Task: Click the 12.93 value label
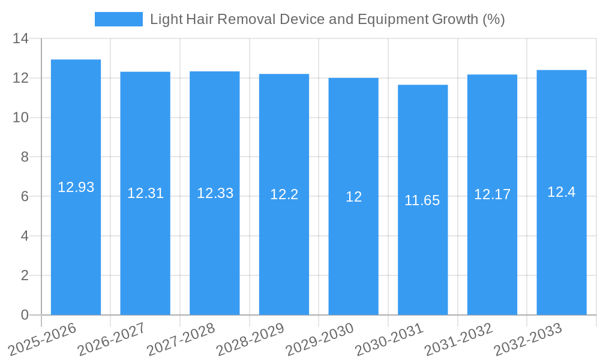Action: [76, 187]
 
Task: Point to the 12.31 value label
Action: [145, 193]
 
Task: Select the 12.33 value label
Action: [215, 193]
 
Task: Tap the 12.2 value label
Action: [284, 194]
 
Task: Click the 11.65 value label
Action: [422, 200]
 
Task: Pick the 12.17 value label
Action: [492, 194]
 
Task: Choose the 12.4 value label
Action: [562, 192]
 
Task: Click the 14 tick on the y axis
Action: [20, 39]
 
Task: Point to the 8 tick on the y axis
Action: [24, 157]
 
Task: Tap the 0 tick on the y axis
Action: [25, 315]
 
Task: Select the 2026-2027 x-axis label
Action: [112, 339]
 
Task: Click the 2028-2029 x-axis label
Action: [250, 339]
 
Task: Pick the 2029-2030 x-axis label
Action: [319, 339]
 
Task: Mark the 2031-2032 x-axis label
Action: [458, 339]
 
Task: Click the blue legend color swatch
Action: [118, 19]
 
